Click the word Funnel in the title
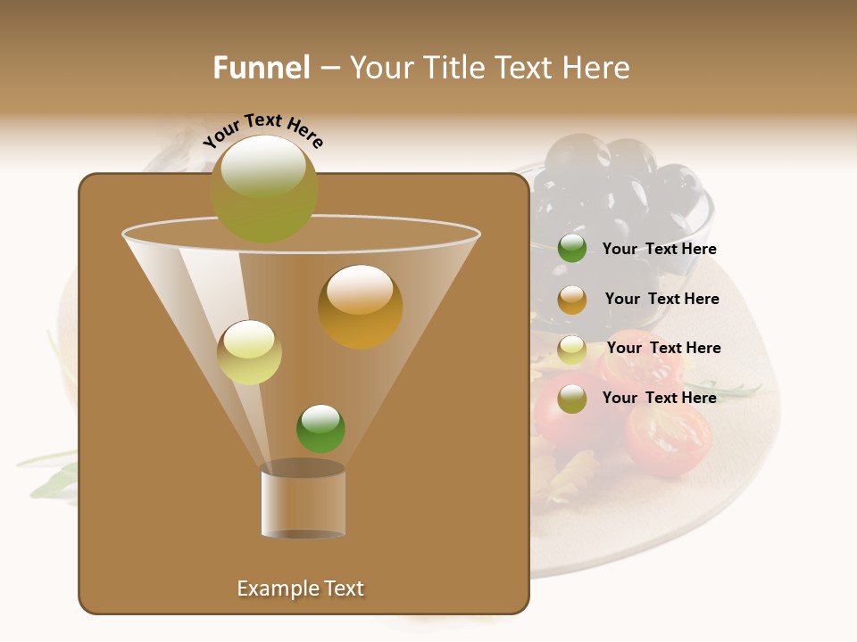click(261, 68)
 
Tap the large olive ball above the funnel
click(264, 188)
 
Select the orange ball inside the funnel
click(360, 306)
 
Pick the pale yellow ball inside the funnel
click(249, 352)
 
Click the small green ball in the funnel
click(320, 428)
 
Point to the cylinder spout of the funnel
click(303, 501)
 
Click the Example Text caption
click(300, 588)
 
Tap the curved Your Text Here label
click(263, 132)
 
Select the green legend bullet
click(572, 249)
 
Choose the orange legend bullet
click(572, 300)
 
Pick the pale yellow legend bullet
click(572, 350)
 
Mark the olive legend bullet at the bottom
click(572, 399)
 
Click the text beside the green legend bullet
click(659, 249)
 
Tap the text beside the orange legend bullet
click(661, 299)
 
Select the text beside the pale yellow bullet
click(663, 348)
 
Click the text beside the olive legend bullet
click(659, 398)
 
